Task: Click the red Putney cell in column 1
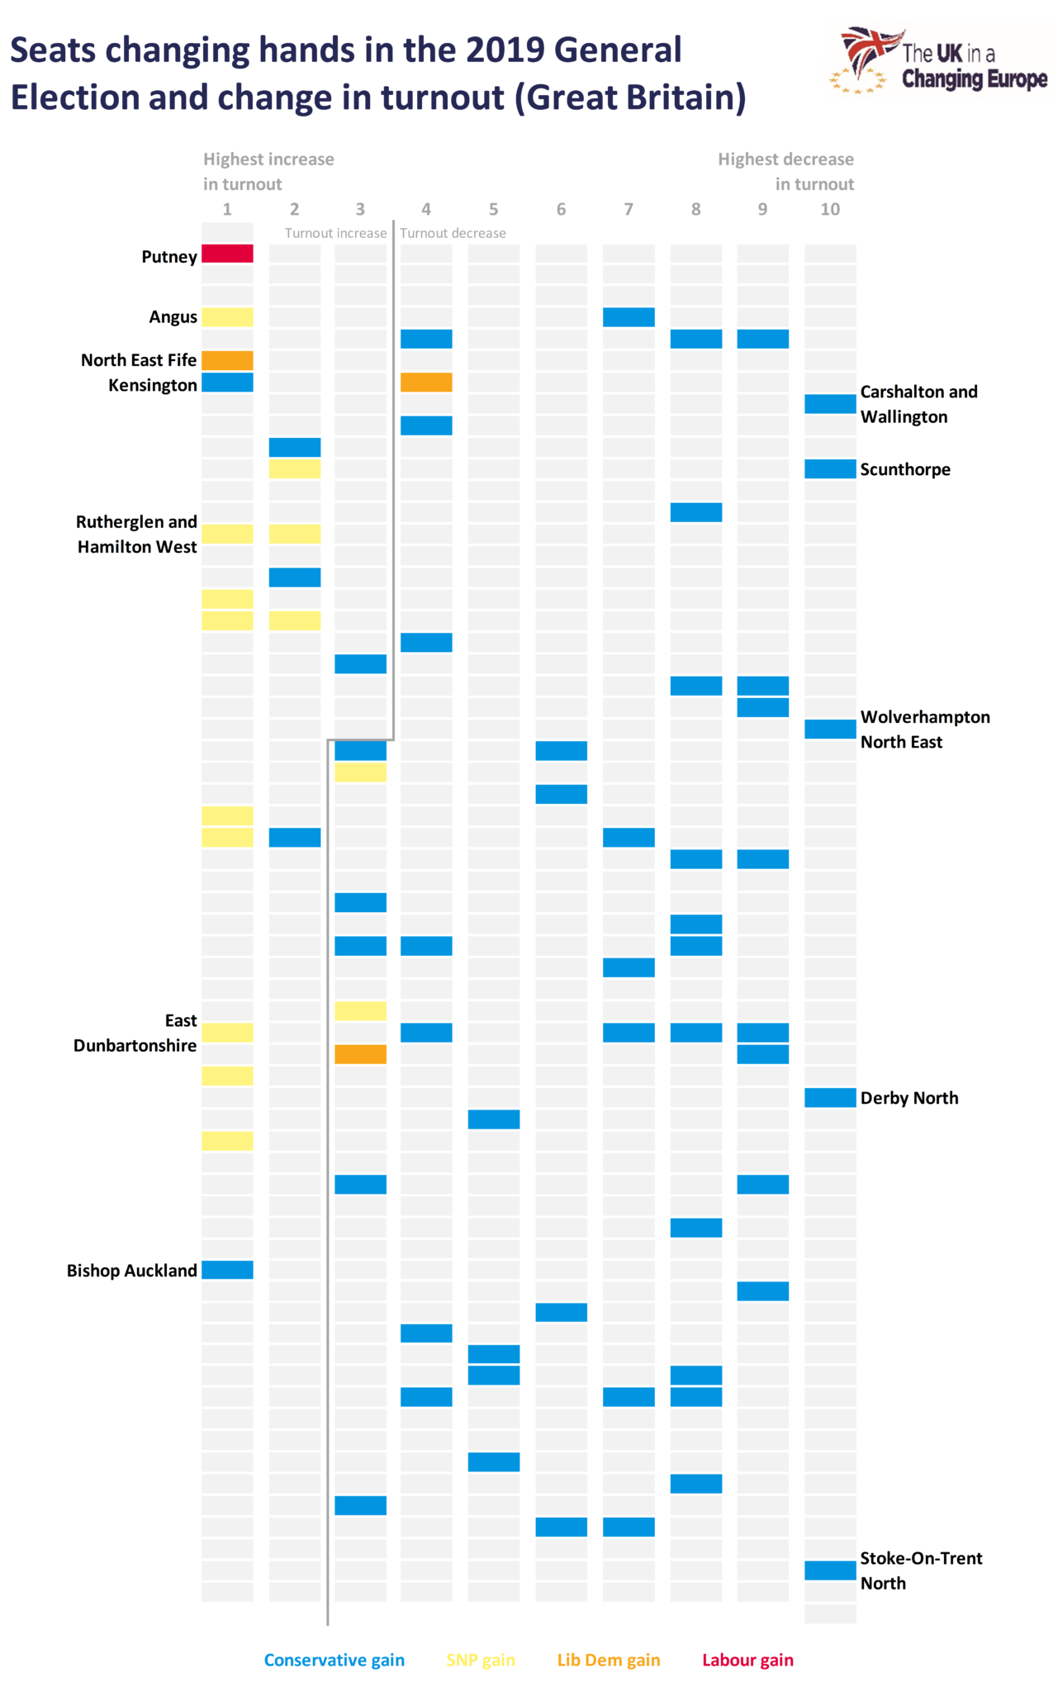(227, 254)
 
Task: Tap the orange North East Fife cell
(227, 360)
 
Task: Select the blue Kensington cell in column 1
(227, 383)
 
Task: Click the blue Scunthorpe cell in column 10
(830, 469)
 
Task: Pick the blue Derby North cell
(830, 1097)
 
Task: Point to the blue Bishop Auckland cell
(227, 1270)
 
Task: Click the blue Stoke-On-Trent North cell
(830, 1570)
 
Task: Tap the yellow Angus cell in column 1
(227, 316)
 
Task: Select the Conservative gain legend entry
(334, 1660)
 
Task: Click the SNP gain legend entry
(481, 1660)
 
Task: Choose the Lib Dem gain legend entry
(609, 1660)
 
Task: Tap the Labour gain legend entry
(747, 1660)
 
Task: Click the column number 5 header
(493, 209)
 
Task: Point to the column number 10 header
(830, 209)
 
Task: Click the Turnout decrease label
(453, 233)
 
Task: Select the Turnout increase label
(335, 233)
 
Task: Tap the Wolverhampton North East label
(925, 730)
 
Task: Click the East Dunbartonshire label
(135, 1034)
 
